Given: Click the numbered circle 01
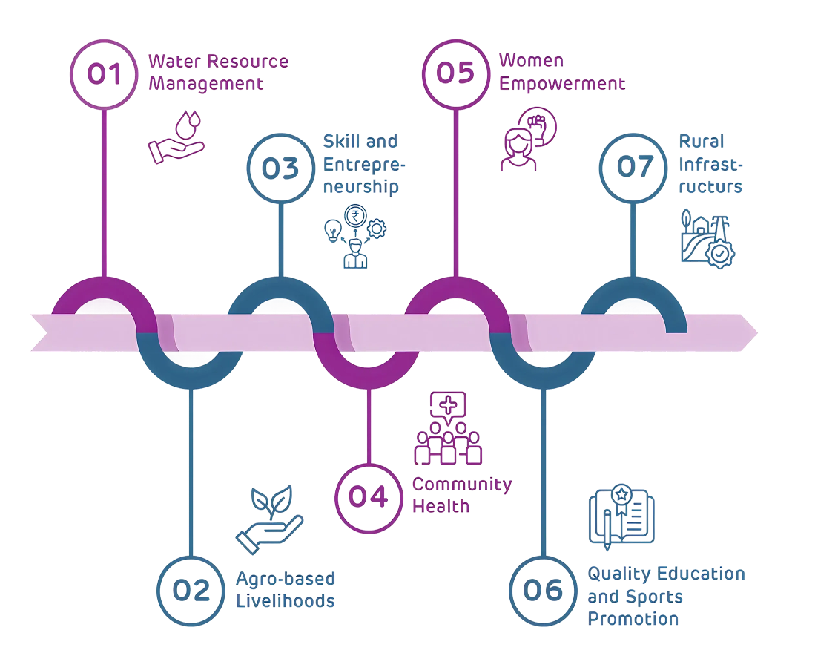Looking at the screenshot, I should [104, 74].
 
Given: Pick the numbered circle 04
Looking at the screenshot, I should [369, 496].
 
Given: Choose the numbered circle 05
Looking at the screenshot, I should [455, 74].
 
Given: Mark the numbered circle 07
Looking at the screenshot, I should [633, 168].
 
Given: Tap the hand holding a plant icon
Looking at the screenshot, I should [268, 519].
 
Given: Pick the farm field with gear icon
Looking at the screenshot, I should [707, 237].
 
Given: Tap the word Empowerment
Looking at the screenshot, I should [562, 83].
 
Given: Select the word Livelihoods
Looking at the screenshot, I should [285, 600].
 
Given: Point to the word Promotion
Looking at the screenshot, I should [633, 618].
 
